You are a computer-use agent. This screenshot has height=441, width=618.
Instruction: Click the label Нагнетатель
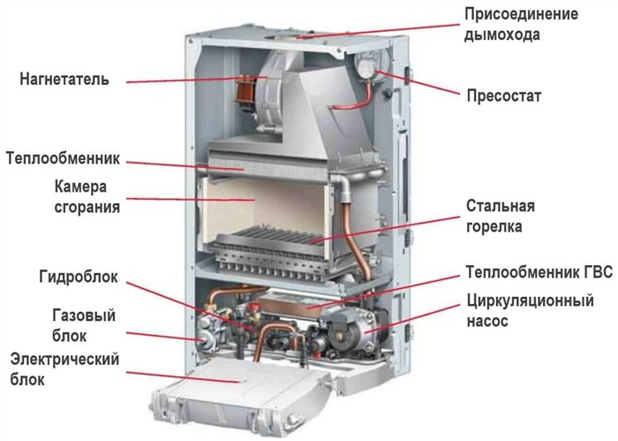(64, 80)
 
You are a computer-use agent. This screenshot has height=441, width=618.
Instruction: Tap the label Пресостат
(504, 95)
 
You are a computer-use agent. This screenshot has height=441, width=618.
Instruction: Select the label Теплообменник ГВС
(539, 272)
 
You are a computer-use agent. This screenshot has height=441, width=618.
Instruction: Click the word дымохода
(501, 34)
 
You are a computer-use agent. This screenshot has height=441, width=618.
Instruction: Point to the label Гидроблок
(79, 277)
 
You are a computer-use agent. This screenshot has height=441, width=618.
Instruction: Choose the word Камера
(80, 186)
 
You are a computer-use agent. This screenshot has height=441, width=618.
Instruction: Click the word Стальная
(501, 206)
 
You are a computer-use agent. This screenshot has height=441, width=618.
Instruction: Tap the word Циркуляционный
(530, 300)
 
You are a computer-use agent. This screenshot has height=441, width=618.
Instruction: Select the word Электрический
(64, 360)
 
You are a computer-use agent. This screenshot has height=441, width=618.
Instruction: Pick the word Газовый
(84, 316)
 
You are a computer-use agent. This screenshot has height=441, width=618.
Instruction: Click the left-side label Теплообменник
(63, 158)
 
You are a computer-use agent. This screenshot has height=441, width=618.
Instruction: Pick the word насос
(487, 321)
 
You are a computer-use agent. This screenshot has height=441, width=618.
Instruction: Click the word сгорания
(87, 208)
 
